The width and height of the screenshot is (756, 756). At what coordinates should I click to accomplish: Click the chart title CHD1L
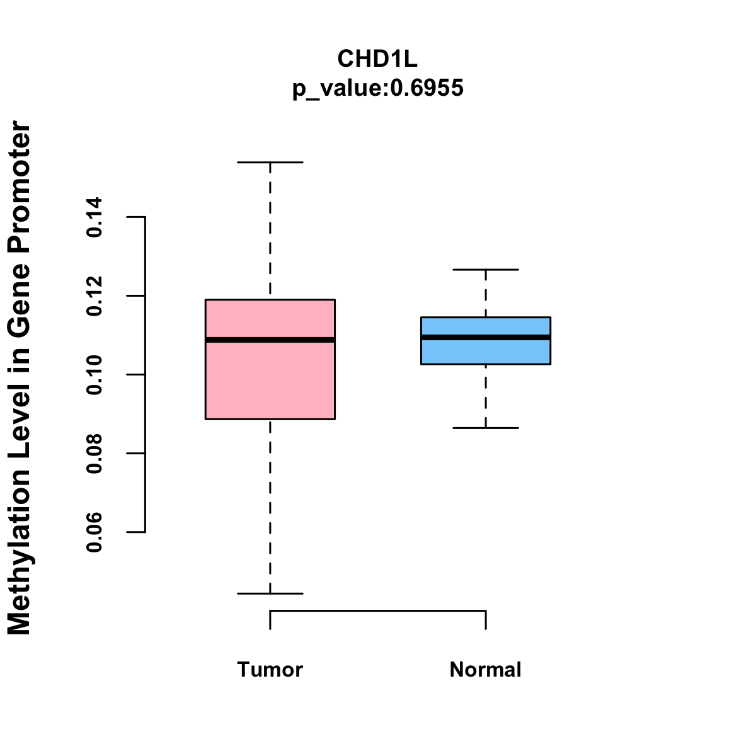click(377, 59)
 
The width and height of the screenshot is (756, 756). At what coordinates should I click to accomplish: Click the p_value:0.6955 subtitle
click(377, 88)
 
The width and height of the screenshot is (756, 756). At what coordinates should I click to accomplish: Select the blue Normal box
click(486, 352)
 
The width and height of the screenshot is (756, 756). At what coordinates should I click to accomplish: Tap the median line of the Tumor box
click(270, 340)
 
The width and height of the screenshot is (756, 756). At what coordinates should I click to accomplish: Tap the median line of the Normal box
click(486, 337)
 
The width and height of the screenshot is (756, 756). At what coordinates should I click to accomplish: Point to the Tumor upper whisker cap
click(270, 163)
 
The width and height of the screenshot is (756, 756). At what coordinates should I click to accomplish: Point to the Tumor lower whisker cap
click(270, 593)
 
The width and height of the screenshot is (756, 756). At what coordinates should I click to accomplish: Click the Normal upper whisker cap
click(486, 270)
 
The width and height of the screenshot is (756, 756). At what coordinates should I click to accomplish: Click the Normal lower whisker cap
click(486, 428)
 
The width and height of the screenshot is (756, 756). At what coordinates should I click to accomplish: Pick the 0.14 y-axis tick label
click(94, 217)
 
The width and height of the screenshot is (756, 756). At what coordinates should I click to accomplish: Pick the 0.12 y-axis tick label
click(94, 296)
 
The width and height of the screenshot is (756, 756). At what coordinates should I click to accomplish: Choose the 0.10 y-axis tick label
click(94, 375)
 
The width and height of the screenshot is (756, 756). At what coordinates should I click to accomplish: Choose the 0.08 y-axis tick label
click(94, 454)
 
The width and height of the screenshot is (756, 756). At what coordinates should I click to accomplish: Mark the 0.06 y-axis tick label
click(94, 532)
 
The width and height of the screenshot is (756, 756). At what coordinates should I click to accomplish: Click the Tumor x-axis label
click(270, 670)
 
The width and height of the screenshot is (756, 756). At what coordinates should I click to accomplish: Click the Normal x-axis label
click(486, 670)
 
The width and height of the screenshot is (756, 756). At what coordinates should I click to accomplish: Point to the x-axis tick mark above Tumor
click(270, 620)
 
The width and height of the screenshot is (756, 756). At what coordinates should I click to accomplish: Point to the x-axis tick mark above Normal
click(486, 620)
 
